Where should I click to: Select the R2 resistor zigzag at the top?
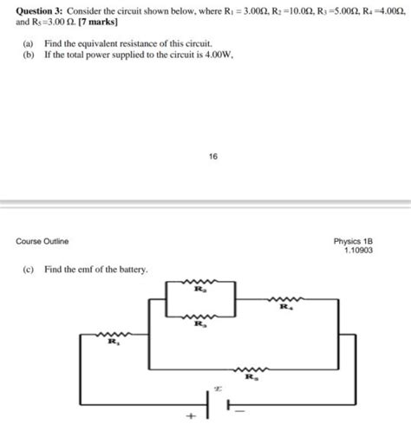(x=200, y=283)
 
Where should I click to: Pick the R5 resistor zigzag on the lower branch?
(x=251, y=368)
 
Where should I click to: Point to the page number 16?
(x=213, y=157)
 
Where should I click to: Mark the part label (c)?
(x=29, y=270)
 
